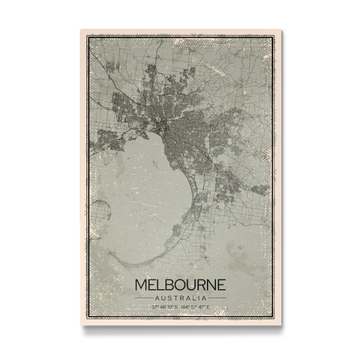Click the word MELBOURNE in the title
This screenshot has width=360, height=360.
[180, 284]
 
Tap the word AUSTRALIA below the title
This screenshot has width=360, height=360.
[180, 298]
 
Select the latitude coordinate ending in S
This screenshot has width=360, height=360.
[164, 308]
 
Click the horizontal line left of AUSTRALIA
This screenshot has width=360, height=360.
[143, 298]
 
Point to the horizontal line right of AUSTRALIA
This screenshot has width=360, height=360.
[217, 298]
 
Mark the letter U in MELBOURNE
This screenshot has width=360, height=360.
[193, 284]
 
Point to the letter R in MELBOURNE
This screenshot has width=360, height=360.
[203, 284]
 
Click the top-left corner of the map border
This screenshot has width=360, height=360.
[88, 37]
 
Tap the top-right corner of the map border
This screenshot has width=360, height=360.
[273, 37]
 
